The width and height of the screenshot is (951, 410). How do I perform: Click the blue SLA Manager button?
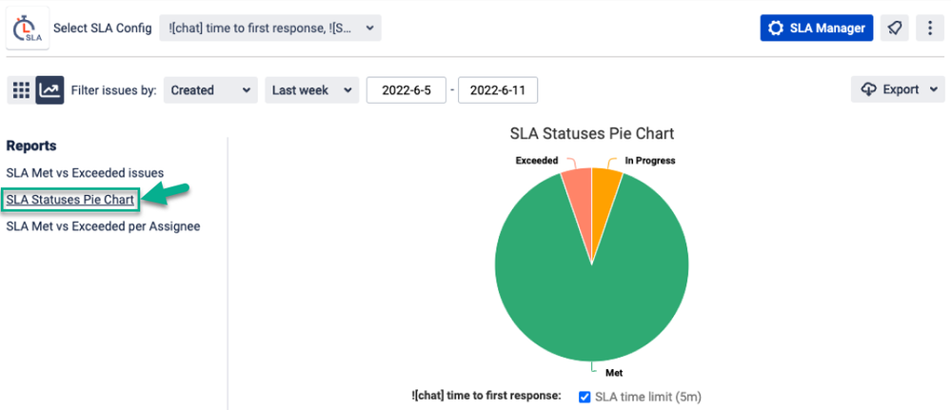(x=817, y=28)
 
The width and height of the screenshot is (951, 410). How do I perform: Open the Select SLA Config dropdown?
(x=269, y=28)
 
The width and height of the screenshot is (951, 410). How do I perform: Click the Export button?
(x=898, y=89)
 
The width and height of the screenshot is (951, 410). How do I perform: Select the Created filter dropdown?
(x=210, y=90)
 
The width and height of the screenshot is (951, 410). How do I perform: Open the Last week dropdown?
(x=311, y=90)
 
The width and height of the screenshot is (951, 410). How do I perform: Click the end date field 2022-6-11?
(x=498, y=90)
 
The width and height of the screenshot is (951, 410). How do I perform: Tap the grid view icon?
(x=21, y=90)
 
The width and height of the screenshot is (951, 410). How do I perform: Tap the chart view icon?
(x=50, y=90)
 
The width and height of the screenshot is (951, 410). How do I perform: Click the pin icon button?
(x=894, y=28)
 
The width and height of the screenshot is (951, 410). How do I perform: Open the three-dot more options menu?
(x=929, y=28)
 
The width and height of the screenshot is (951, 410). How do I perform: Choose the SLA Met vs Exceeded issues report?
(x=85, y=173)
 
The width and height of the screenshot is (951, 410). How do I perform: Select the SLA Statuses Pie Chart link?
(x=70, y=200)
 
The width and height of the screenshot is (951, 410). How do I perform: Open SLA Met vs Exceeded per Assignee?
(x=103, y=226)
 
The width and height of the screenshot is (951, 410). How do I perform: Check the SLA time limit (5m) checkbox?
(x=584, y=397)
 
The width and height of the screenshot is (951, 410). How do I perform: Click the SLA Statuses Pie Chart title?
(x=591, y=133)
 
